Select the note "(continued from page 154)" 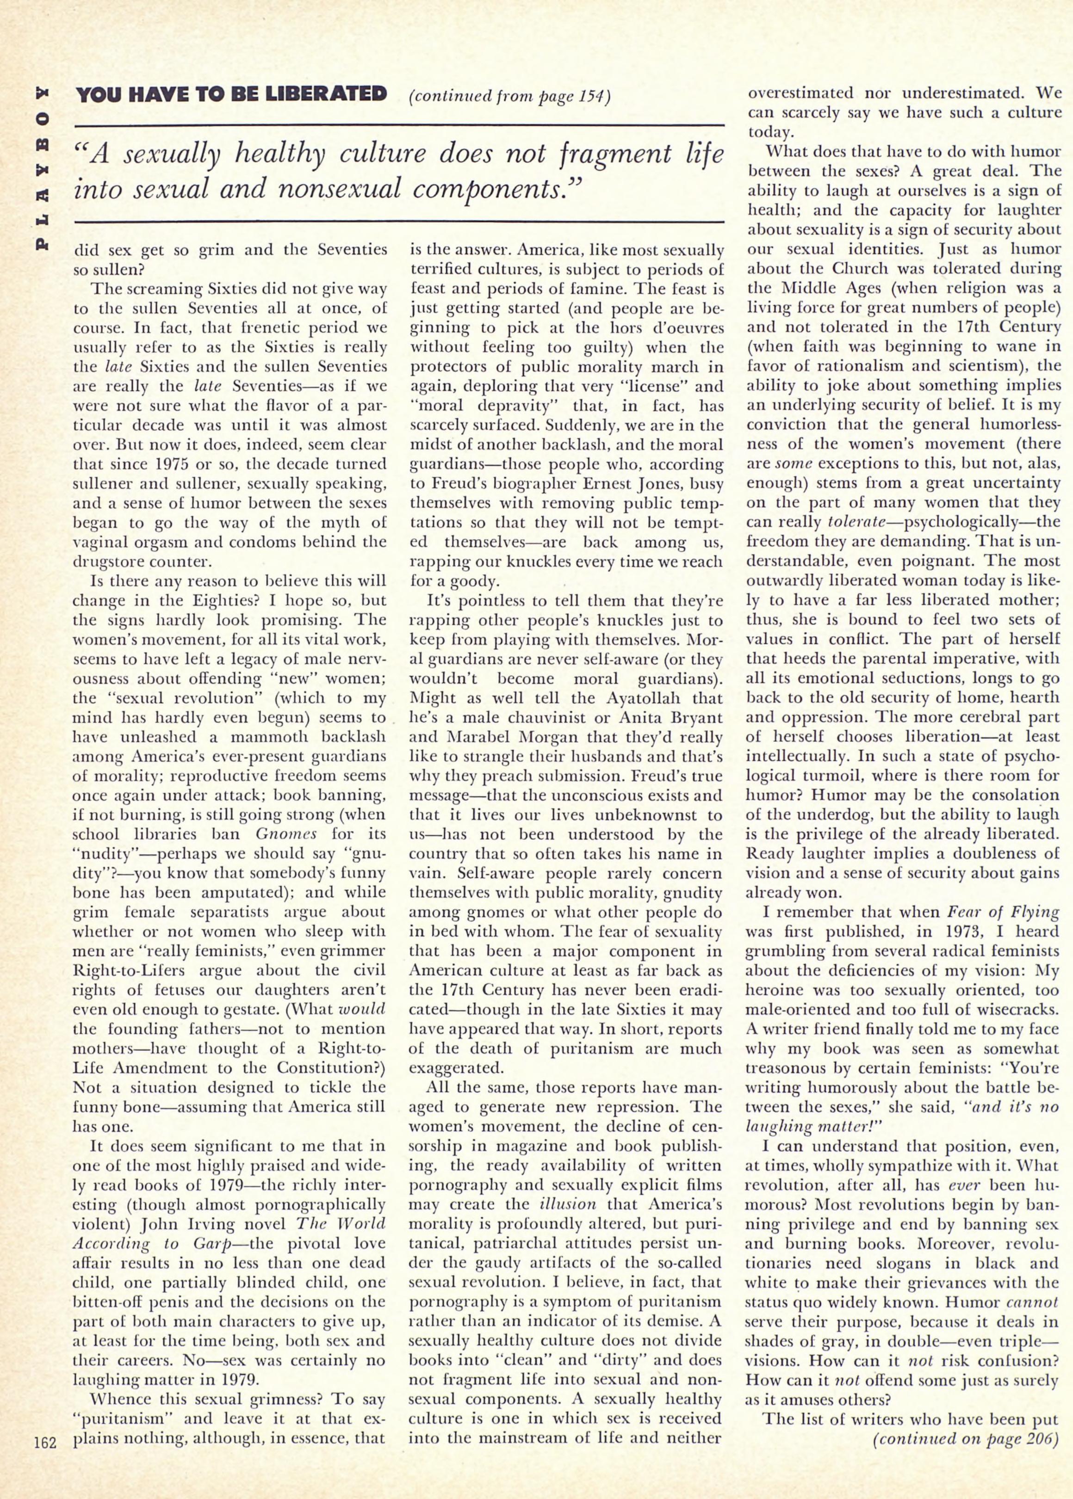coord(509,96)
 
